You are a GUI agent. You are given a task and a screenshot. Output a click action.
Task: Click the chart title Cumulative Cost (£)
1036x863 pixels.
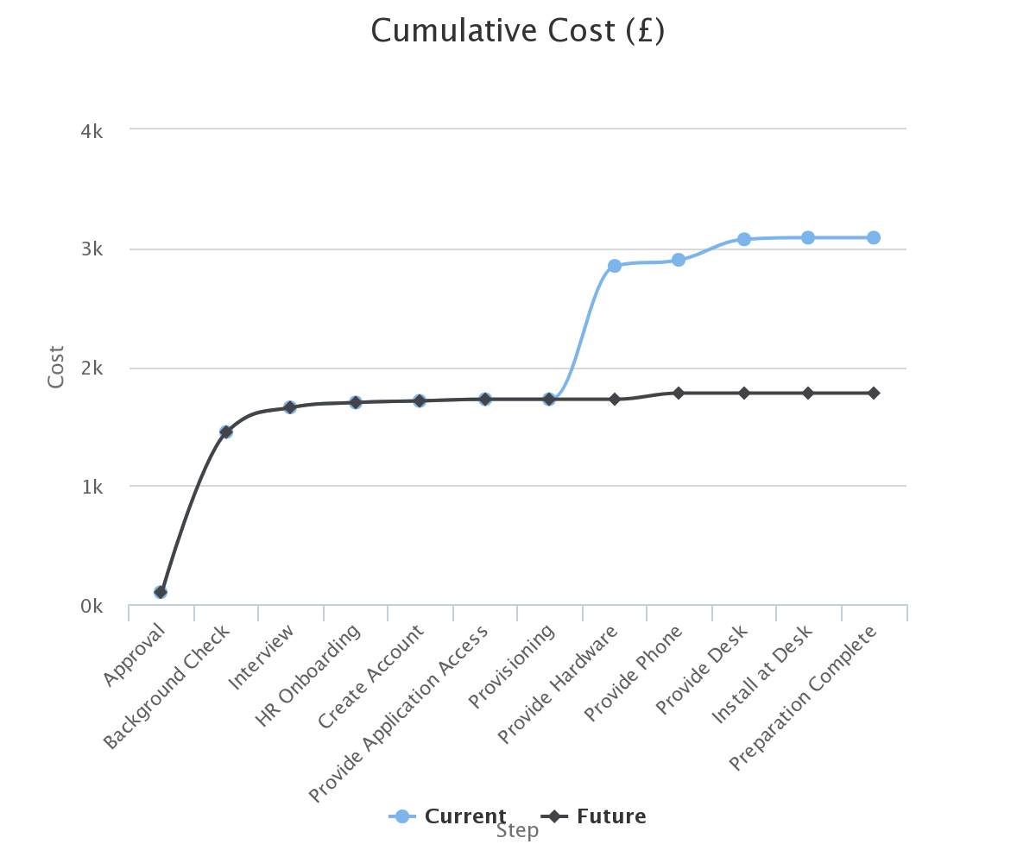(517, 31)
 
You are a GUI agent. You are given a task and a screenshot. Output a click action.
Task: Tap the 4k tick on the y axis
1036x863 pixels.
(92, 131)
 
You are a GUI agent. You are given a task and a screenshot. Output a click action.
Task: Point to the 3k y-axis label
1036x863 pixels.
(92, 250)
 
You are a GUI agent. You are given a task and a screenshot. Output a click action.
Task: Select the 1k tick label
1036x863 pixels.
(92, 487)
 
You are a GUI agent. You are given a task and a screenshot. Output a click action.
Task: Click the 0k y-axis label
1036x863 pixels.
(92, 607)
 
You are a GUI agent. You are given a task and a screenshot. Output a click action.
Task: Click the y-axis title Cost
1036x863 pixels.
(56, 367)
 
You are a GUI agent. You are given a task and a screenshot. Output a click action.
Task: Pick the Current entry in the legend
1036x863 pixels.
(448, 816)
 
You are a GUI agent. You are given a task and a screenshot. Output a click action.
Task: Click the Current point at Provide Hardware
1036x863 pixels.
(615, 266)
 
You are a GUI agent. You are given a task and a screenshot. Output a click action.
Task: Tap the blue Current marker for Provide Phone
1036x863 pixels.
(679, 260)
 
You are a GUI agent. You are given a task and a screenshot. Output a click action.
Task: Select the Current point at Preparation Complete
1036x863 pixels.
(874, 237)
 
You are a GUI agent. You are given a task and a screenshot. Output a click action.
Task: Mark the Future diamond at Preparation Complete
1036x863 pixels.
(874, 393)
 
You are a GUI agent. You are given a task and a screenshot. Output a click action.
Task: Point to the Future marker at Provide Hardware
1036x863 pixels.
(615, 399)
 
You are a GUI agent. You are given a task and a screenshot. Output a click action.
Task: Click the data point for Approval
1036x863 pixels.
(161, 592)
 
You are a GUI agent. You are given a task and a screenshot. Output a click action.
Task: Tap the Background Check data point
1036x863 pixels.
(226, 431)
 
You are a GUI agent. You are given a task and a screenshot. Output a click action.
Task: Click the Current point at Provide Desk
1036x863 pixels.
(744, 239)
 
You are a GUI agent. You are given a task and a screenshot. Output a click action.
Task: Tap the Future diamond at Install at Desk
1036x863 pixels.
(808, 393)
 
